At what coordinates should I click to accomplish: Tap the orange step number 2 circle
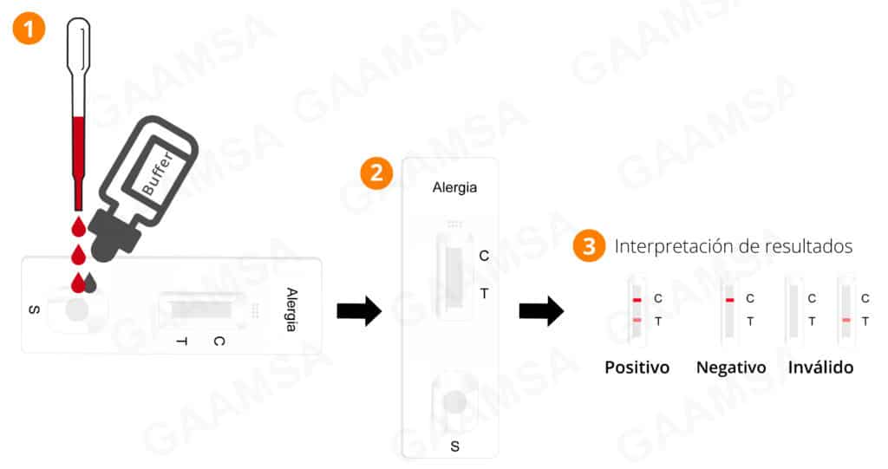376,173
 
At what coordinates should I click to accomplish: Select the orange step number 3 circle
589,246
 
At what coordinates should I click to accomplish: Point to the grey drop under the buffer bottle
91,283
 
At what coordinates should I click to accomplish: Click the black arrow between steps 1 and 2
359,309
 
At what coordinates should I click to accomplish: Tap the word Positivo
637,368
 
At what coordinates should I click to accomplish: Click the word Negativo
731,368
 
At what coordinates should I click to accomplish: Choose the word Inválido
820,368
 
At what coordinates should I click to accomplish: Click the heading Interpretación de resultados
734,246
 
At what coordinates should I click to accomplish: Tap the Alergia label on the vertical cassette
454,187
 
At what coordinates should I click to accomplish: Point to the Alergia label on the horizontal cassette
291,309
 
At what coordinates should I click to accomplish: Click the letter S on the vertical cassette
455,446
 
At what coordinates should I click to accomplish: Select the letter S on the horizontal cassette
34,309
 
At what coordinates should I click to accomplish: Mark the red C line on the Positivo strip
637,299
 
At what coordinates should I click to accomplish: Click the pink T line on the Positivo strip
637,321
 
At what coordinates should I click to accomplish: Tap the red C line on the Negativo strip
729,299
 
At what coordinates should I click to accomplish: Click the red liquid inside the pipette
78,164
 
